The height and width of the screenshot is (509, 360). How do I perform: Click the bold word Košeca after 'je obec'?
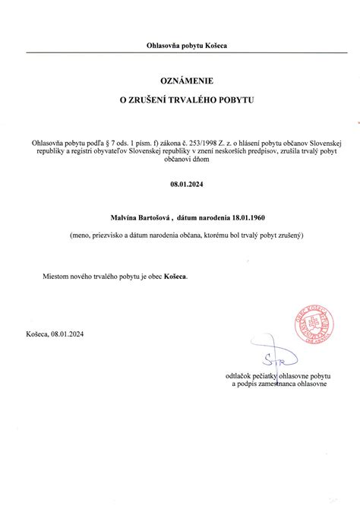[176, 277]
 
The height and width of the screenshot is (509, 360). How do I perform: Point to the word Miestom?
[56, 277]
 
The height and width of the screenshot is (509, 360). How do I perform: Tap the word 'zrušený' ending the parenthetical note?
[288, 236]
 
